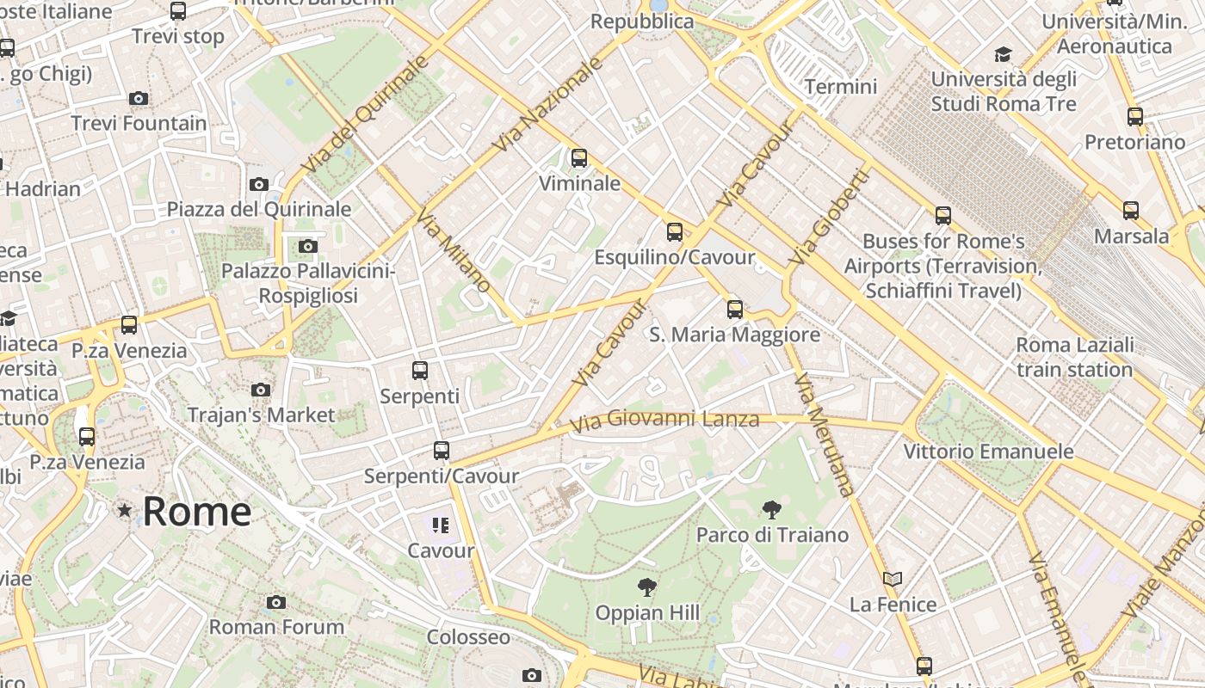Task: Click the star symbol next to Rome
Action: (x=126, y=511)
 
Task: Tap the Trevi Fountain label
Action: (x=139, y=123)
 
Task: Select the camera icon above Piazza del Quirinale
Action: (x=258, y=184)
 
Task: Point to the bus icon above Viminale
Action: (x=579, y=158)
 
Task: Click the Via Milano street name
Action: (x=454, y=250)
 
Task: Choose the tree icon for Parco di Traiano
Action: (x=771, y=510)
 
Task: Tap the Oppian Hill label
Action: (x=647, y=613)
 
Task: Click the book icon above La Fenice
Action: (x=893, y=580)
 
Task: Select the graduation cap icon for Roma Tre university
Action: (x=1003, y=55)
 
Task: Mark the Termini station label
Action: (x=840, y=87)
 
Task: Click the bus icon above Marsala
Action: (x=1131, y=211)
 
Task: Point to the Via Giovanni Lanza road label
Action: (x=665, y=421)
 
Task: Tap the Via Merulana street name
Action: (x=825, y=439)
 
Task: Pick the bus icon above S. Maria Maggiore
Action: (x=734, y=310)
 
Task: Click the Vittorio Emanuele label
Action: (x=988, y=451)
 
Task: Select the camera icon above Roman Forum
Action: (x=275, y=602)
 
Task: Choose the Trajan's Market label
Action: (x=262, y=415)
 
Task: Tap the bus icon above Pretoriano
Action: (x=1134, y=117)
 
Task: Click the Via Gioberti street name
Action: (x=830, y=217)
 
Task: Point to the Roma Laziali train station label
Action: (x=1074, y=358)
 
